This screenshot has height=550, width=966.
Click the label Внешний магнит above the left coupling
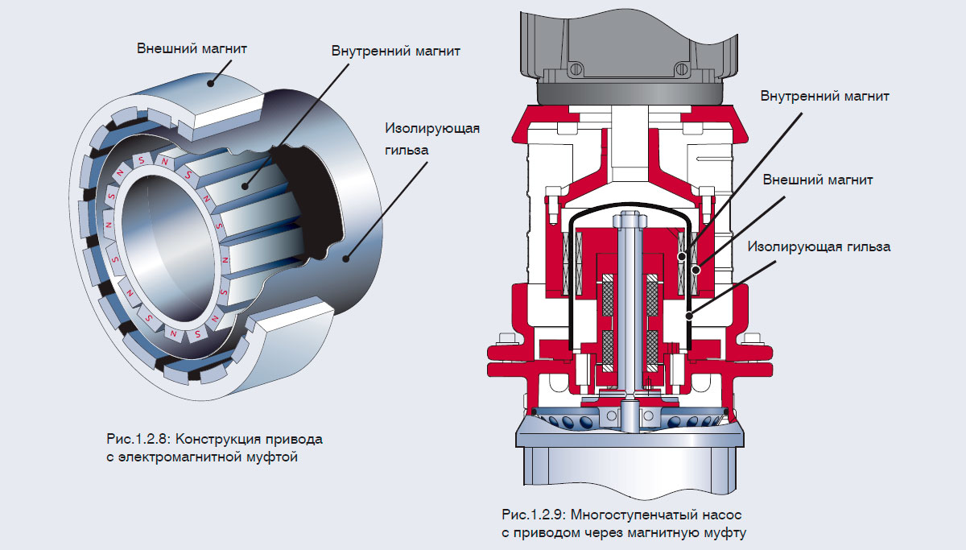[191, 49]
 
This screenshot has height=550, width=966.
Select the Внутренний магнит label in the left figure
[395, 51]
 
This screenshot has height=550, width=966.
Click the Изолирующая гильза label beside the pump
[819, 246]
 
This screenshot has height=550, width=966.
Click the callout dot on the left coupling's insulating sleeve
[346, 258]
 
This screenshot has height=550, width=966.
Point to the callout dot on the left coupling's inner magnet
[244, 186]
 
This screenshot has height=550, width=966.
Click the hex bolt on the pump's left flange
[506, 339]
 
